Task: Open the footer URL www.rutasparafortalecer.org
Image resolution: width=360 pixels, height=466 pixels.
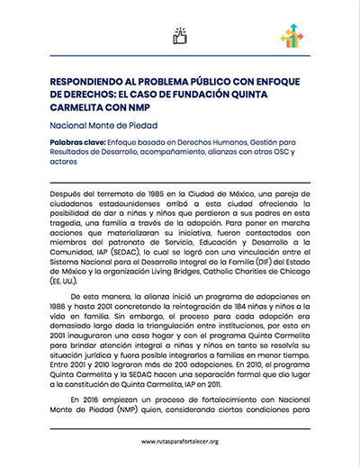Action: click(180, 442)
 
